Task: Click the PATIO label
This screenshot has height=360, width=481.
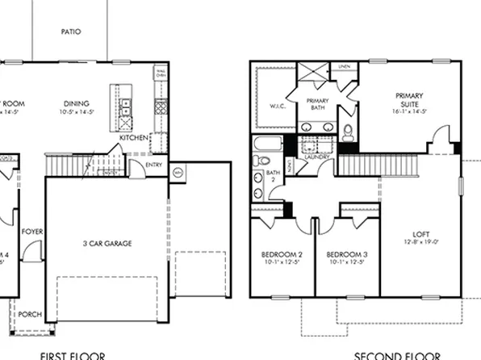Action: [70, 31]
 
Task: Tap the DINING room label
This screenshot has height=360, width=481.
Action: [77, 103]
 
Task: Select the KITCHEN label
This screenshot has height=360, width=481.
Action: [134, 137]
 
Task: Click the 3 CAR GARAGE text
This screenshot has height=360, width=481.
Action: [107, 243]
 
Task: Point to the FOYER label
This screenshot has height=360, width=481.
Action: [32, 232]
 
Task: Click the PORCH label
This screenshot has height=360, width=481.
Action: [31, 314]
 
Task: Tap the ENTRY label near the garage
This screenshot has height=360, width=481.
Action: [156, 165]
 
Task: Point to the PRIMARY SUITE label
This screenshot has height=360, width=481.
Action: [409, 99]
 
